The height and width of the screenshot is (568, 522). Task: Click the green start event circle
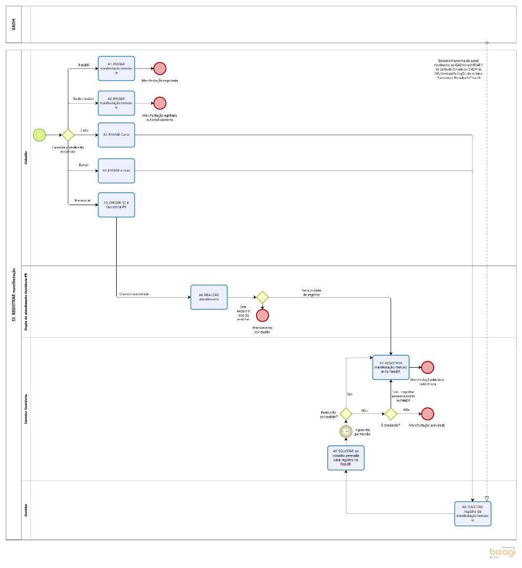(x=39, y=135)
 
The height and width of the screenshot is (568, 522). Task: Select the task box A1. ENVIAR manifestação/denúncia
(x=116, y=68)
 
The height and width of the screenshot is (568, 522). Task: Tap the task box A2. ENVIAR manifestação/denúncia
(x=116, y=103)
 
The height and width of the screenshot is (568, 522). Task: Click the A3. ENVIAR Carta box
(x=116, y=135)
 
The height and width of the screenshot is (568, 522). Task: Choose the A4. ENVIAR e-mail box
(x=116, y=171)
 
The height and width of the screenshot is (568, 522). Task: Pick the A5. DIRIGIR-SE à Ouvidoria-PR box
(x=116, y=205)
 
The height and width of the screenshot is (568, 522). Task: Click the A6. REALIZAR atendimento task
(x=209, y=297)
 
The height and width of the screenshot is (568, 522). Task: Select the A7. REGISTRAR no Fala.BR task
(x=391, y=367)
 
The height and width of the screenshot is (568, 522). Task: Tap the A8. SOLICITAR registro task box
(x=473, y=513)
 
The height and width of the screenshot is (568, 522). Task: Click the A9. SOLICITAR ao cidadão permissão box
(x=345, y=458)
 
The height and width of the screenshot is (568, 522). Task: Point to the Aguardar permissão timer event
(x=345, y=431)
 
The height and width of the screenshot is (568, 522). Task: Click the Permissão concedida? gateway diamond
(x=345, y=414)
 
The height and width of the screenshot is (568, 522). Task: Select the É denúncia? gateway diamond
(x=391, y=414)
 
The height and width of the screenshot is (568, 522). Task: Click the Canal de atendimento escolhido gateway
(x=68, y=135)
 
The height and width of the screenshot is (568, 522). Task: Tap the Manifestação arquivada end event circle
(x=427, y=414)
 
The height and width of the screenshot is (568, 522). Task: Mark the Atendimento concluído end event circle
(x=262, y=316)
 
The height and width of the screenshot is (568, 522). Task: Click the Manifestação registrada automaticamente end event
(x=160, y=103)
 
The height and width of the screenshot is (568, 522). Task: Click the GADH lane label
(x=14, y=25)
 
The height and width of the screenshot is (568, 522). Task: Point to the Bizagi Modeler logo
(x=502, y=552)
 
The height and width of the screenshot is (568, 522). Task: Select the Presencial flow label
(x=83, y=200)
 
